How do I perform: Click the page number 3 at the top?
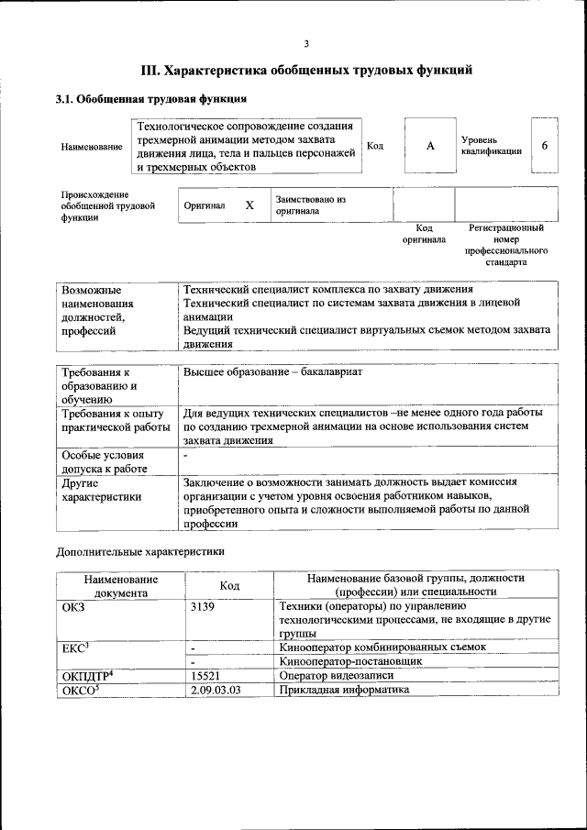(306, 43)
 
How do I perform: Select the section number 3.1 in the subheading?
(65, 99)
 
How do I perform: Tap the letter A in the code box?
(429, 146)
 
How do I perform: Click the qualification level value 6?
(545, 146)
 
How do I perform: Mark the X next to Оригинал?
(249, 205)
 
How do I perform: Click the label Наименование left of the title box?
(92, 147)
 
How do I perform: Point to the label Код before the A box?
(375, 146)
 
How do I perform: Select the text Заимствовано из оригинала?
(310, 205)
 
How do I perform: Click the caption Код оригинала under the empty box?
(424, 234)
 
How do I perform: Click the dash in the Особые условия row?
(185, 455)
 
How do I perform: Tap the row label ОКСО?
(80, 689)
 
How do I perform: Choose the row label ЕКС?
(74, 647)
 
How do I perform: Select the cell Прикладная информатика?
(344, 689)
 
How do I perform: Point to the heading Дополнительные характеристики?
(140, 552)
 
